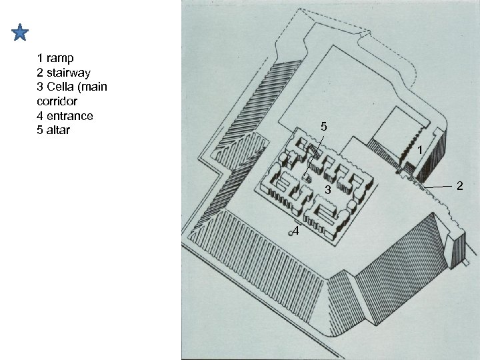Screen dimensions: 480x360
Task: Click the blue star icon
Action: tap(20, 33)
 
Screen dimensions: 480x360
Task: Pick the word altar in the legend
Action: tap(57, 129)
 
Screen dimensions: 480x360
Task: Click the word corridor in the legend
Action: tap(59, 101)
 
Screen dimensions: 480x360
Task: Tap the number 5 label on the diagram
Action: tap(323, 126)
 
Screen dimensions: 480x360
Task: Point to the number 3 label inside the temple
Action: tap(327, 191)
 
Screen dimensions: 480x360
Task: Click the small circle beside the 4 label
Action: tap(291, 232)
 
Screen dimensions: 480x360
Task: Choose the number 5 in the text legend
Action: tap(41, 129)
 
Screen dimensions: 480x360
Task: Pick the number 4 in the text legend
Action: tap(41, 115)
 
